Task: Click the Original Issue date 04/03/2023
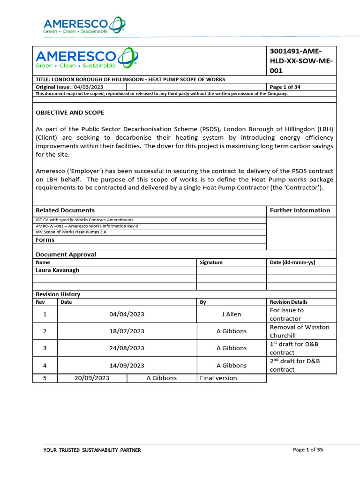tap(89, 87)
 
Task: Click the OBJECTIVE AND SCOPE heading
tap(70, 113)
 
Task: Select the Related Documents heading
tap(65, 210)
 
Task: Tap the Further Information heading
tap(300, 210)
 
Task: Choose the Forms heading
tap(45, 240)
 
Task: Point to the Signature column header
tap(211, 262)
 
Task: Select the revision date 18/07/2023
tap(127, 331)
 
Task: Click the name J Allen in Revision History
tap(231, 315)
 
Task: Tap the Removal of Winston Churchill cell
tap(300, 331)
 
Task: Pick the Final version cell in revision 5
tap(218, 378)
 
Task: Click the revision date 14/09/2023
tap(127, 366)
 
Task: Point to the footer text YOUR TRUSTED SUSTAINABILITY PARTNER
tap(92, 450)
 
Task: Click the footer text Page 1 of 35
tap(307, 450)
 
